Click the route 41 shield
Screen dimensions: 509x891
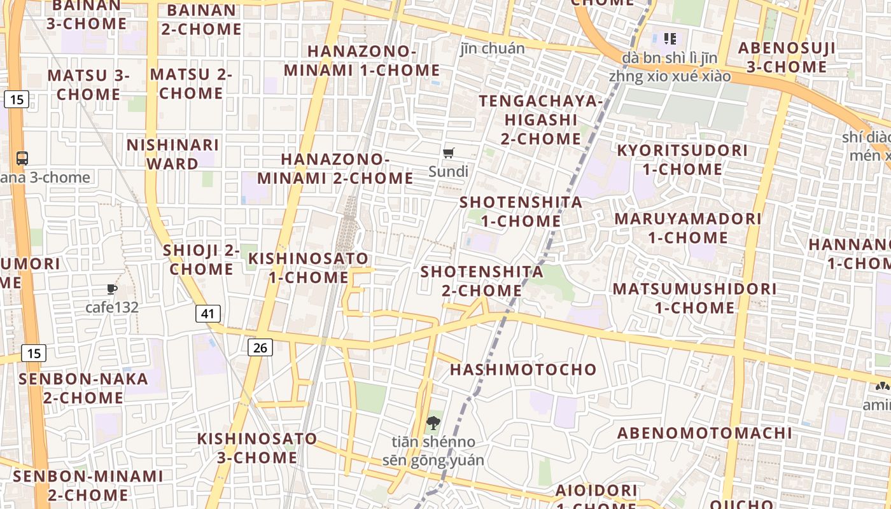click(207, 313)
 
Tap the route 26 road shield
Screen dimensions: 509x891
click(260, 347)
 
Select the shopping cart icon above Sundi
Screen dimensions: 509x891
click(449, 153)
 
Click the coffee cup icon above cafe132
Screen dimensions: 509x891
click(112, 289)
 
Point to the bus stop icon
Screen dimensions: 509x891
click(22, 158)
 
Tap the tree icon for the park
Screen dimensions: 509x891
click(433, 422)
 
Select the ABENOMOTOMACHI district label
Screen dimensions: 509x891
click(705, 433)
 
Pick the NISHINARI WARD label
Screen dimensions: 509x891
click(172, 154)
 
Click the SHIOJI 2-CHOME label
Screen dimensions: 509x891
click(201, 260)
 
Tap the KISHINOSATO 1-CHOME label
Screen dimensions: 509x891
click(308, 268)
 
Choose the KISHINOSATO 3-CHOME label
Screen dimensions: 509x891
click(256, 448)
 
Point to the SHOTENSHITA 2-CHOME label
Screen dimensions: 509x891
click(482, 281)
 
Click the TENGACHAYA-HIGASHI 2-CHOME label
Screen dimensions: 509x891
click(540, 120)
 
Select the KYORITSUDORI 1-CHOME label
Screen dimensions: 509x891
click(682, 160)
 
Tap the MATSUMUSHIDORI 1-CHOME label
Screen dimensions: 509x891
click(694, 298)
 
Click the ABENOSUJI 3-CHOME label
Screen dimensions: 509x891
click(787, 57)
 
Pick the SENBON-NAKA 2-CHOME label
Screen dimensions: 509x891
click(83, 388)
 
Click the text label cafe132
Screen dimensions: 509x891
click(112, 307)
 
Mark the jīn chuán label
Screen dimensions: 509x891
click(493, 48)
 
